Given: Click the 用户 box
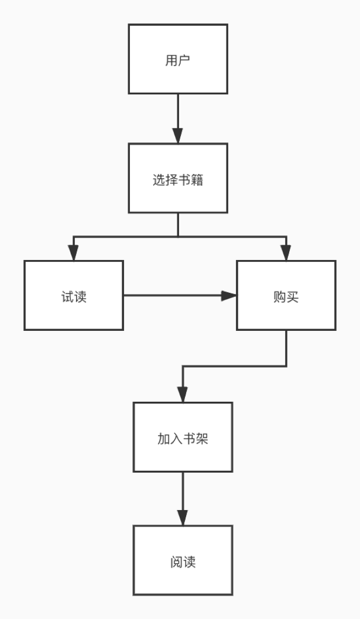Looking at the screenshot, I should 178,59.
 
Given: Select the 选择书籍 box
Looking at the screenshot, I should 178,178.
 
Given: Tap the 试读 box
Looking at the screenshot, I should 74,295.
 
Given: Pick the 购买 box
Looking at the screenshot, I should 286,295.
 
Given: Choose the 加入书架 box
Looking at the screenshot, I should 183,437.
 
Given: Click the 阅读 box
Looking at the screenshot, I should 183,560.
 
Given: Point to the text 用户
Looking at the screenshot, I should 178,61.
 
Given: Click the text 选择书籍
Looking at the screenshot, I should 178,180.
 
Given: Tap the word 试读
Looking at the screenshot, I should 74,297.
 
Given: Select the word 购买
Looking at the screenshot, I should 286,297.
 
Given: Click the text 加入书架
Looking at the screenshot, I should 183,439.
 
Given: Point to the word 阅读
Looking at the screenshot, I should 183,562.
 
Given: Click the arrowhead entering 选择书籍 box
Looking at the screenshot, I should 178,136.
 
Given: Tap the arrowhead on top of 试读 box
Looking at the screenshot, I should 73,253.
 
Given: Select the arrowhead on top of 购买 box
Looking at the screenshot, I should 286,253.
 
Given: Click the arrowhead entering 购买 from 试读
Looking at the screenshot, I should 229,296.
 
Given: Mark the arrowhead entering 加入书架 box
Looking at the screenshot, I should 183,395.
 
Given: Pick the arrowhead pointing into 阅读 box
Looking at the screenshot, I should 183,518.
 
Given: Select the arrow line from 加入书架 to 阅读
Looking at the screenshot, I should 183,492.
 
